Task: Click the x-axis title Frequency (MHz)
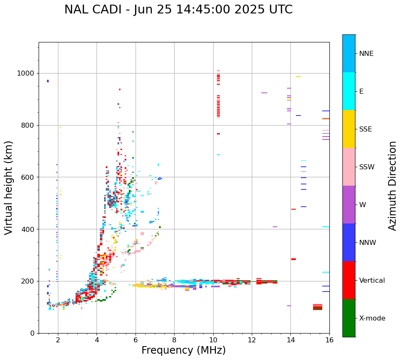click(183, 350)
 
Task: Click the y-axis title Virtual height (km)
click(9, 188)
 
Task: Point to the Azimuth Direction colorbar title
click(392, 186)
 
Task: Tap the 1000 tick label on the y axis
click(26, 74)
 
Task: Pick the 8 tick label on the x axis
click(174, 340)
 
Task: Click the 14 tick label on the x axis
click(290, 340)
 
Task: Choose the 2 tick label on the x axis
click(58, 340)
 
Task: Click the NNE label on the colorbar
click(366, 54)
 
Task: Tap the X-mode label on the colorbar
click(372, 318)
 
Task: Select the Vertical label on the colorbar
click(372, 281)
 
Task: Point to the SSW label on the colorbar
click(367, 167)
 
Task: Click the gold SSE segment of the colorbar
click(349, 129)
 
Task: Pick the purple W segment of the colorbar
click(349, 205)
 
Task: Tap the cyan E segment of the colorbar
click(349, 91)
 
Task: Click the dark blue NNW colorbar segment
click(349, 242)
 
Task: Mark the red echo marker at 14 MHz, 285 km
click(293, 259)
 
